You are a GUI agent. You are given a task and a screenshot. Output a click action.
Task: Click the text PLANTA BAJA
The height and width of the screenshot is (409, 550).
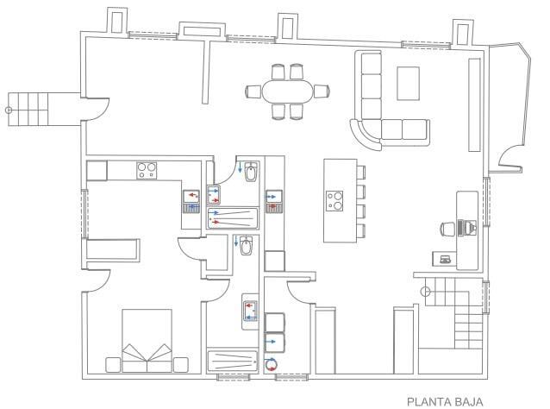point(445,401)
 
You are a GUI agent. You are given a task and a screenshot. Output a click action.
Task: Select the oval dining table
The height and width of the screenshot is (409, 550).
point(287,91)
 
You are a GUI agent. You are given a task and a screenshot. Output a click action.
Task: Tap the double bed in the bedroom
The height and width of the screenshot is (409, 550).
point(147,341)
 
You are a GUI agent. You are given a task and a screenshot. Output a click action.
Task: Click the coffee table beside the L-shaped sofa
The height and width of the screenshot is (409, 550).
point(408,84)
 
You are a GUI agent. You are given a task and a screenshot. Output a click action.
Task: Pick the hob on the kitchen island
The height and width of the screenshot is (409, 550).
point(334,201)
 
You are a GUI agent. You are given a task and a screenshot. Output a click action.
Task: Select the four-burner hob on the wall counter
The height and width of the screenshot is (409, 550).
point(147,171)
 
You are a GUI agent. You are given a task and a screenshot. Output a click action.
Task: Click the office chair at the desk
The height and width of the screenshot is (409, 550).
point(447,230)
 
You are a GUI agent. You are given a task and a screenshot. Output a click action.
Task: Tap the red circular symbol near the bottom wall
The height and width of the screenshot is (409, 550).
point(271,364)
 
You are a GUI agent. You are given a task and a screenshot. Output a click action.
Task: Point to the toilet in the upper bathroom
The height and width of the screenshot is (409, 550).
point(251,172)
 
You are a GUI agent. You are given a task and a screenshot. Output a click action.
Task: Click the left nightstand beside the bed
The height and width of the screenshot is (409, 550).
point(113,365)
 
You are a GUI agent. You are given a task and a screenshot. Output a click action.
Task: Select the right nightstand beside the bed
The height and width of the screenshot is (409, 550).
point(181,365)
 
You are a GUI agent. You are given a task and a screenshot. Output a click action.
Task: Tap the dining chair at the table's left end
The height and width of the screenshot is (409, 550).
point(253,91)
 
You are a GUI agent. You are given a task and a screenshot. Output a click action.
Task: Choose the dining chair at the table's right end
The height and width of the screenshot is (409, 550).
point(322,91)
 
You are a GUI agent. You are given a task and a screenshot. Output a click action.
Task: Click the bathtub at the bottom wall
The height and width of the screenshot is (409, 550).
point(233,360)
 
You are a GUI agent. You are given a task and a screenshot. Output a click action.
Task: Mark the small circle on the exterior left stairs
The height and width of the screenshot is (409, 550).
point(9,110)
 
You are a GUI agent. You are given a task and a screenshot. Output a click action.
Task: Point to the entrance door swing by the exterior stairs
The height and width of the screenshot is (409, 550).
point(98,110)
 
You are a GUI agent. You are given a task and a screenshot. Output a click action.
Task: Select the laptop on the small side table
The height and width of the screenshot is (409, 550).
point(445,260)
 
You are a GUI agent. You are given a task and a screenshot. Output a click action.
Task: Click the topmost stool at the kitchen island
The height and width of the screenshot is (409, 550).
point(361,173)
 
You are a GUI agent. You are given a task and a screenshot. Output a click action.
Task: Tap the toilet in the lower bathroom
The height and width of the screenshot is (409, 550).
point(247,246)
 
